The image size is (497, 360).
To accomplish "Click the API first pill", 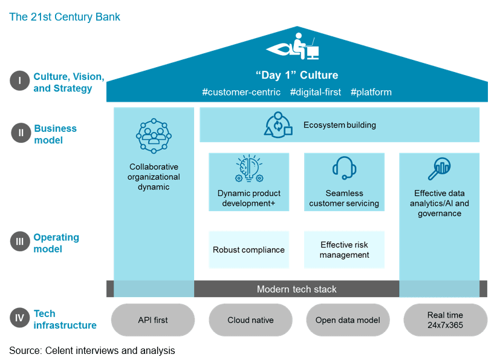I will (x=154, y=319).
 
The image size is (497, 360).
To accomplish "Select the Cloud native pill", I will (x=250, y=319).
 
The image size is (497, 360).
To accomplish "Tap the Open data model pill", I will (x=348, y=319).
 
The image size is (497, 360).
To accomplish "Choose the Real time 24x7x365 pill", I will (x=445, y=319).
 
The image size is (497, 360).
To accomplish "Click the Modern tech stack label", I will (x=296, y=289).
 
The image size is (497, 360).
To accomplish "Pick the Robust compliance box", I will (x=248, y=249).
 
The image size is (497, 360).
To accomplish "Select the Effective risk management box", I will (x=344, y=249).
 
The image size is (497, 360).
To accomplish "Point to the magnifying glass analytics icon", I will (x=440, y=169).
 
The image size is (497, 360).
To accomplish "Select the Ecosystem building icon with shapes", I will (x=279, y=125).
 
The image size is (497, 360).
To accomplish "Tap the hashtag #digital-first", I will (x=316, y=93).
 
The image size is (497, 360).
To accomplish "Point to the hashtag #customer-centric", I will (x=241, y=93).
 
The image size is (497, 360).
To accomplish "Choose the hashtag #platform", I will (x=371, y=93).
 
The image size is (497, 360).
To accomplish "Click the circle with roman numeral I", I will (x=20, y=81).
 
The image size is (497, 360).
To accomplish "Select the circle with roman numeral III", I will (x=20, y=242).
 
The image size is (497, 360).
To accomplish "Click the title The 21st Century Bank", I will (x=65, y=17).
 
